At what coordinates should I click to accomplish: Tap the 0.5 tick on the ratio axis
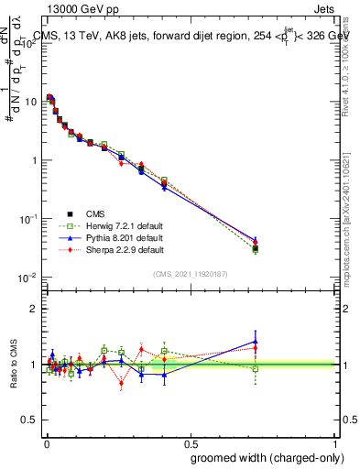[28, 420]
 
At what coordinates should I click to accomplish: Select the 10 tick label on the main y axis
[30, 102]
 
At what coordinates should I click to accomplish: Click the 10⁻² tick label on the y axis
[27, 278]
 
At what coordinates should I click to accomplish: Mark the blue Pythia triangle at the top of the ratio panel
[256, 341]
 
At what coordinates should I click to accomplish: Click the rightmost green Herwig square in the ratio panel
[256, 369]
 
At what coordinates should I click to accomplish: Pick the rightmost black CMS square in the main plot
[256, 248]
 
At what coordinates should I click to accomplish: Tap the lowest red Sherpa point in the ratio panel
[121, 385]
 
